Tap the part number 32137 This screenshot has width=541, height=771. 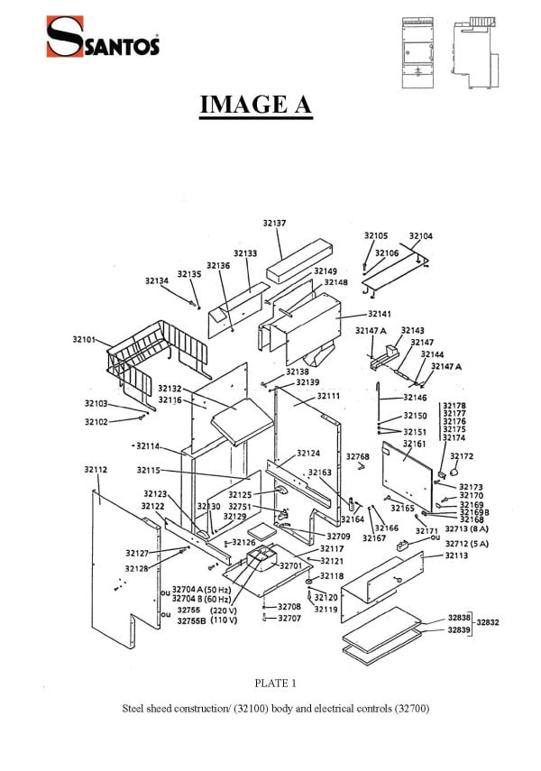(x=275, y=223)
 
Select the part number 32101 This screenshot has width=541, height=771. (x=84, y=339)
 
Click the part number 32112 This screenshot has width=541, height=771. (x=96, y=470)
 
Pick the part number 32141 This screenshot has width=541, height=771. (x=380, y=314)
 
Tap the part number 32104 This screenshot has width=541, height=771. (x=420, y=236)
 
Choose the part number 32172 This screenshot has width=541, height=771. (x=462, y=456)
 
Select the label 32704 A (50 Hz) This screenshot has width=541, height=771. (x=201, y=590)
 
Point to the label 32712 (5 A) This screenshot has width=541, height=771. (x=466, y=544)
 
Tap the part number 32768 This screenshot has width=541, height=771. (x=358, y=457)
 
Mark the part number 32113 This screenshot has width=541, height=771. (x=456, y=556)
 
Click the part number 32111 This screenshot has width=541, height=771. (x=328, y=396)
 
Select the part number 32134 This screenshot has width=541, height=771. (x=156, y=281)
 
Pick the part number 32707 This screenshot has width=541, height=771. (x=289, y=619)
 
